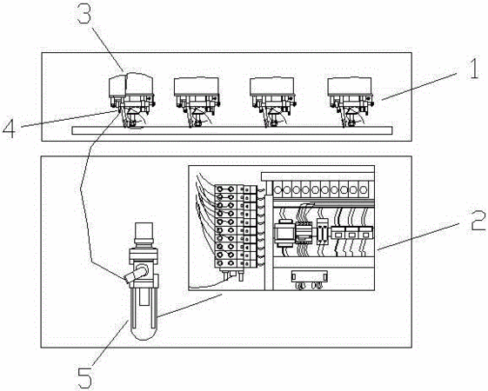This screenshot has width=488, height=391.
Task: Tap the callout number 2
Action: [x=478, y=221]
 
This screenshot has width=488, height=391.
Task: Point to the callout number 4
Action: [x=9, y=128]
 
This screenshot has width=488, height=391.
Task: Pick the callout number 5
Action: [x=85, y=377]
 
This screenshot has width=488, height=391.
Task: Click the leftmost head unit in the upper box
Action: [x=131, y=99]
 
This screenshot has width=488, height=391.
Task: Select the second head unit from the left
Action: [x=197, y=102]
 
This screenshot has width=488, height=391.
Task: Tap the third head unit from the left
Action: [x=272, y=102]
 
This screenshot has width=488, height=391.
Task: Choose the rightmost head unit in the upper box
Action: [x=351, y=102]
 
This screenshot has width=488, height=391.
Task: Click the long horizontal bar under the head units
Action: [x=232, y=130]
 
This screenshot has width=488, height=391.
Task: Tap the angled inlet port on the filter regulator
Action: [x=136, y=274]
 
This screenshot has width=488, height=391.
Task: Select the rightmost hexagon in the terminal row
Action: [x=363, y=189]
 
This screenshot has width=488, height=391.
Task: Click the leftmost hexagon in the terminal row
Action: [x=277, y=189]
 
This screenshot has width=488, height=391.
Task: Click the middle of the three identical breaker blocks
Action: [x=351, y=233]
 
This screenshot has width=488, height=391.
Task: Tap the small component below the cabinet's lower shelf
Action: [x=309, y=276]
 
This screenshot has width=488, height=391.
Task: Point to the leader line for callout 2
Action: [x=418, y=236]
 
